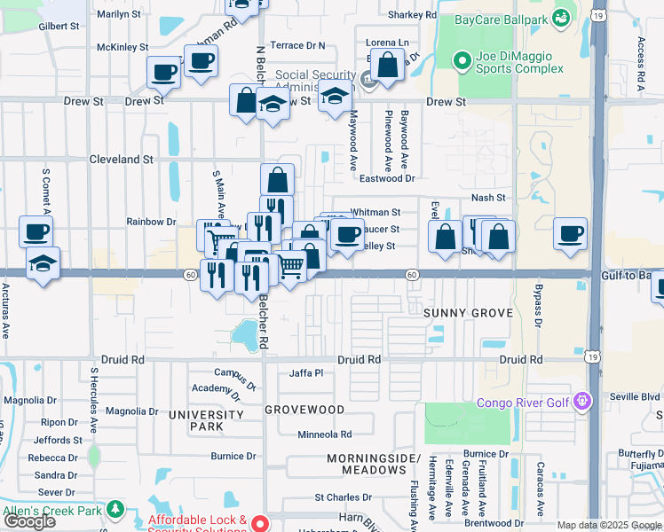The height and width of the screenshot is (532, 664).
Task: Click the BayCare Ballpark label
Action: (x=497, y=20)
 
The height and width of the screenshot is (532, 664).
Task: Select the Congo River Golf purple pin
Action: (x=582, y=402)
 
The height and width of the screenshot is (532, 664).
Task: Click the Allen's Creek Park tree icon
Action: (x=115, y=510)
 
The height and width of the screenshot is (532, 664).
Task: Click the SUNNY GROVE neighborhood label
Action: (x=468, y=313)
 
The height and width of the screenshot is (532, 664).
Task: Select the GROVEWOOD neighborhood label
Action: (x=304, y=410)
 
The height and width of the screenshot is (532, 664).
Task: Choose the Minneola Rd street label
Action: (x=325, y=434)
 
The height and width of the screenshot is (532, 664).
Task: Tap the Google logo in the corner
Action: (x=29, y=521)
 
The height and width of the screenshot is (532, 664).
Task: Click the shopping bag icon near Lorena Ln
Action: (x=387, y=66)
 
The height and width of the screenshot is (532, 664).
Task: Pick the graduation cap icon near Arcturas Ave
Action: (x=43, y=263)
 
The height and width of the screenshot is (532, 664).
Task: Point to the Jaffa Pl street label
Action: (x=306, y=373)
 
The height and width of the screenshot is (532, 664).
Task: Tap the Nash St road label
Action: (x=488, y=198)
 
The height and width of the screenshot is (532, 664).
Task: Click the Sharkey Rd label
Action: (x=413, y=15)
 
